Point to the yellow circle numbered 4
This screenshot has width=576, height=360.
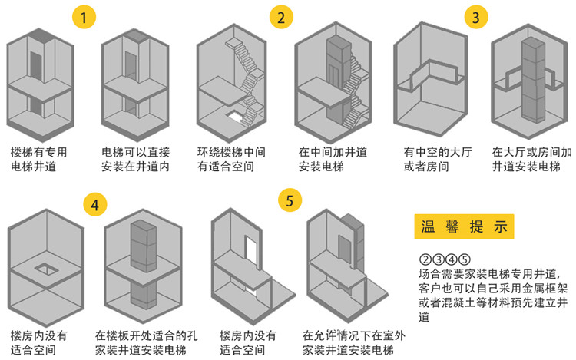94,203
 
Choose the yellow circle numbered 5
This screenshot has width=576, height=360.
289,201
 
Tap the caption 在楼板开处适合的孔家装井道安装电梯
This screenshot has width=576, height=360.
143,342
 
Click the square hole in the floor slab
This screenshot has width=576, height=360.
46,268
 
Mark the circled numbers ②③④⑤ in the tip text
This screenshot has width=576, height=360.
444,258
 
